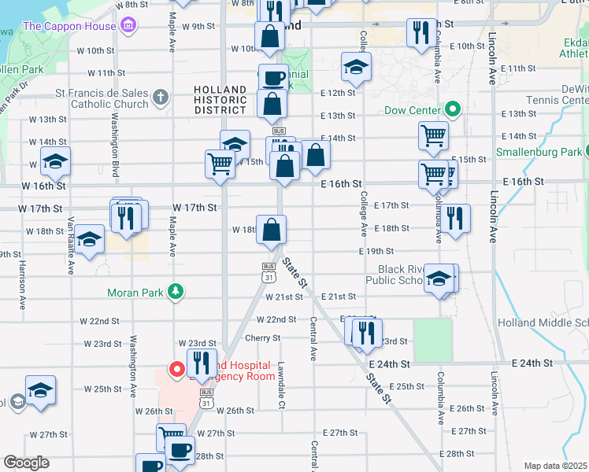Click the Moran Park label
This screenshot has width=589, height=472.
pyautogui.click(x=135, y=293)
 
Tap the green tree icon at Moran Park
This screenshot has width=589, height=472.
pyautogui.click(x=178, y=293)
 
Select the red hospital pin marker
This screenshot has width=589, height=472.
pyautogui.click(x=177, y=367)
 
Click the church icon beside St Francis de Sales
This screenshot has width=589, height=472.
pyautogui.click(x=161, y=98)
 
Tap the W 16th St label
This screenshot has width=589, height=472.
pyautogui.click(x=43, y=185)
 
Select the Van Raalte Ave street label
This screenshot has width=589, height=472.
pyautogui.click(x=71, y=245)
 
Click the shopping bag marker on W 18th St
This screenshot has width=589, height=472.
pyautogui.click(x=271, y=230)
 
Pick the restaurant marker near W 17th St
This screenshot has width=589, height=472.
pyautogui.click(x=126, y=216)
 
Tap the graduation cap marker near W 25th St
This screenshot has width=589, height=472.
pyautogui.click(x=40, y=390)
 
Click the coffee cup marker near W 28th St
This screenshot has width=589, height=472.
pyautogui.click(x=180, y=450)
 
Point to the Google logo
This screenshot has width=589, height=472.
pyautogui.click(x=26, y=463)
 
